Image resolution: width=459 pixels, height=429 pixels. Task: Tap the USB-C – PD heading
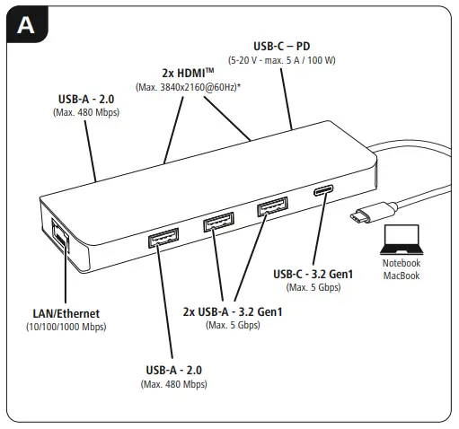tap(283, 44)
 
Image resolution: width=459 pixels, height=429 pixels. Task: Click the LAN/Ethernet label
tap(66, 313)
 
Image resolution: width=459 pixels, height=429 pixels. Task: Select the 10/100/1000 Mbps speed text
tap(66, 327)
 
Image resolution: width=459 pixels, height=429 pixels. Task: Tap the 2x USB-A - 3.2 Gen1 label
tap(233, 311)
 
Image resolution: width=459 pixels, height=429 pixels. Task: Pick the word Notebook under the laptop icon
tap(401, 264)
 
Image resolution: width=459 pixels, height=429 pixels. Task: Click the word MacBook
tap(401, 276)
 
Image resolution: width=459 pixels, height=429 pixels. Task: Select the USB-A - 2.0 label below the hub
tap(173, 370)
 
